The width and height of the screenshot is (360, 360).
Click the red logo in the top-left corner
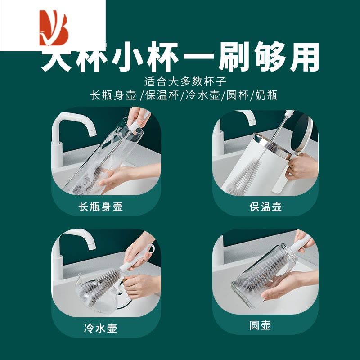click(53, 26)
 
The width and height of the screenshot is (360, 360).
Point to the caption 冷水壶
click(100, 328)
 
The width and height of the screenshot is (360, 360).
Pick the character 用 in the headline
click(303, 58)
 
